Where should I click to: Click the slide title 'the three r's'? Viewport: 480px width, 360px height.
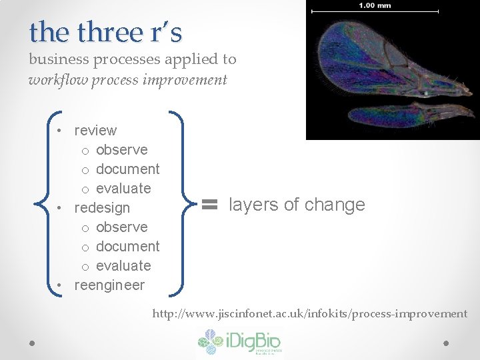coord(105,32)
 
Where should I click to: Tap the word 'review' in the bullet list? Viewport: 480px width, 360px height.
coord(95,131)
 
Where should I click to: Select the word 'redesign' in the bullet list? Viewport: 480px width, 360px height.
coord(102,208)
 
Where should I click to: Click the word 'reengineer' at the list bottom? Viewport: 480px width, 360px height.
coord(109,285)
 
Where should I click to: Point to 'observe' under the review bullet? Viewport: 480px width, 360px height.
coord(121,150)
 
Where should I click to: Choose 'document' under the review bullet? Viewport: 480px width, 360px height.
coord(127,169)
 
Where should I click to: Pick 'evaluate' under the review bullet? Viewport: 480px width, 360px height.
coord(123,189)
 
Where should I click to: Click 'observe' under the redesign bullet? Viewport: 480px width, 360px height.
coord(121,227)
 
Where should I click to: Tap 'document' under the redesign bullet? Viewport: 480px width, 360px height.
coord(127,247)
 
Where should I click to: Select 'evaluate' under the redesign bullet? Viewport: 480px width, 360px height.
coord(123,266)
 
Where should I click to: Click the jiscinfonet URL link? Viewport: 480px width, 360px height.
coord(310,313)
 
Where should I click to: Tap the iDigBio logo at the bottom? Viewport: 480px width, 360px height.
coord(239,343)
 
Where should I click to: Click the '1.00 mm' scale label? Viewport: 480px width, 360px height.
coord(375,5)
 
